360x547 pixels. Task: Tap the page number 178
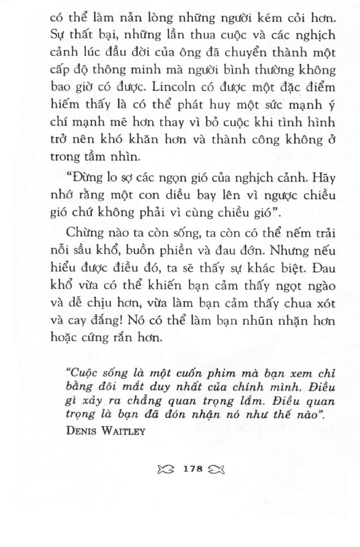point(192,469)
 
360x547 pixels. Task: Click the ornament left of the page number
point(166,469)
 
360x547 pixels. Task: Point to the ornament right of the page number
point(217,469)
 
